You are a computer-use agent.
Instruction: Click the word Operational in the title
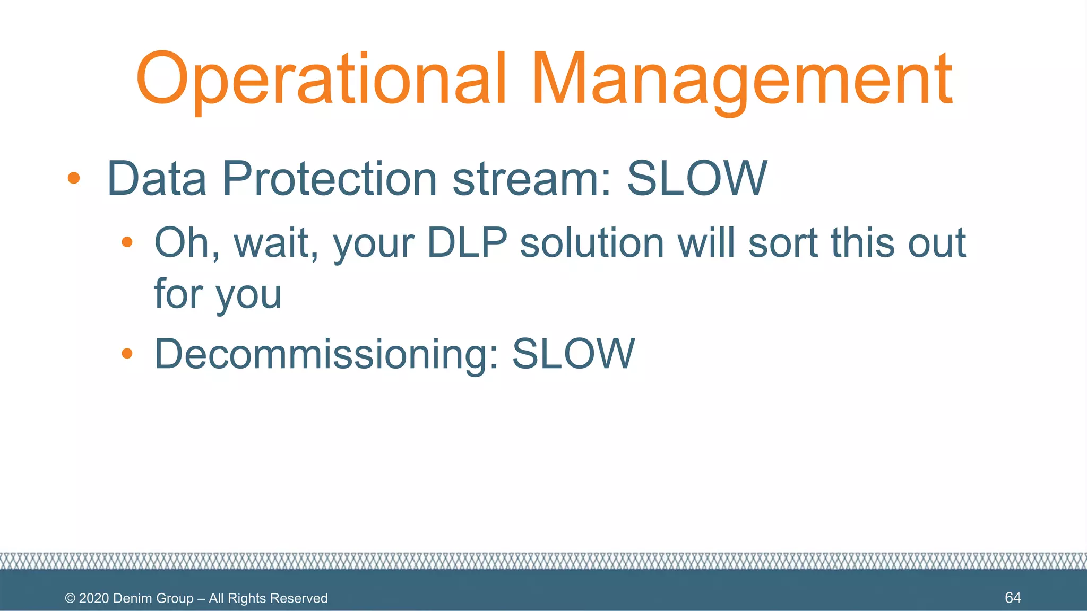tap(321, 80)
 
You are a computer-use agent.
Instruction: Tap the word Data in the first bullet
tap(157, 179)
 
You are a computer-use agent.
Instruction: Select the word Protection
tap(329, 179)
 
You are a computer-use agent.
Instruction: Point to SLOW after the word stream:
tap(697, 179)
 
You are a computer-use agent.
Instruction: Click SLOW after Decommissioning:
tap(573, 354)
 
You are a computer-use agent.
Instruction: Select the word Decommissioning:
tap(326, 354)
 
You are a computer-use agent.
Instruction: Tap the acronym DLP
tap(467, 243)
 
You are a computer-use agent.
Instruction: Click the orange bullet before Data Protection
tap(74, 178)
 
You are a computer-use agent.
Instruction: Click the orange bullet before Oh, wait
tap(126, 243)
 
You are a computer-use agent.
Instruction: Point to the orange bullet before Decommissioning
tap(126, 354)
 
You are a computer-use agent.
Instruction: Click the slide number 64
tap(1013, 598)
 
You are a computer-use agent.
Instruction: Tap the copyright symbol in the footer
tap(70, 598)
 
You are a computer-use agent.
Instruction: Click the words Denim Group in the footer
tap(153, 598)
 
